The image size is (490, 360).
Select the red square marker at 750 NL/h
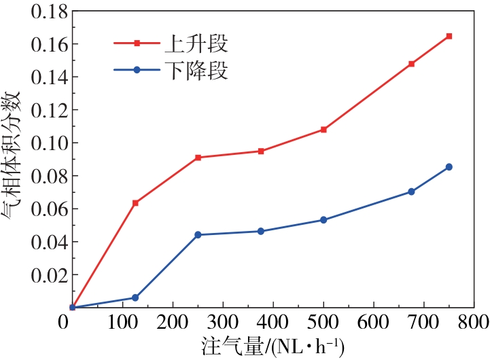pos(449,36)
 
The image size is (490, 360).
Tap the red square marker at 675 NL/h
pos(411,64)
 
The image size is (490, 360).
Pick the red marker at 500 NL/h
pos(323,129)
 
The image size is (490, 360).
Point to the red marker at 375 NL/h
pos(261,151)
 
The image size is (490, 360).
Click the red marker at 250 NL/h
pos(198,158)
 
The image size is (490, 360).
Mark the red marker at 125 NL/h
pos(135,203)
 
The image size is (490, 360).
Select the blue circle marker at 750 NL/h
pos(449,167)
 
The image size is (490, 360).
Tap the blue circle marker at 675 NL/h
pos(411,192)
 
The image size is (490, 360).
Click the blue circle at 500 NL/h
pos(323,220)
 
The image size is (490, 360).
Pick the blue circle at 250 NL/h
pos(198,235)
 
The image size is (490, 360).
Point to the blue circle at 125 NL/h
pos(135,298)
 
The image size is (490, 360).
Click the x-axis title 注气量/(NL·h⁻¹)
pos(272,346)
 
